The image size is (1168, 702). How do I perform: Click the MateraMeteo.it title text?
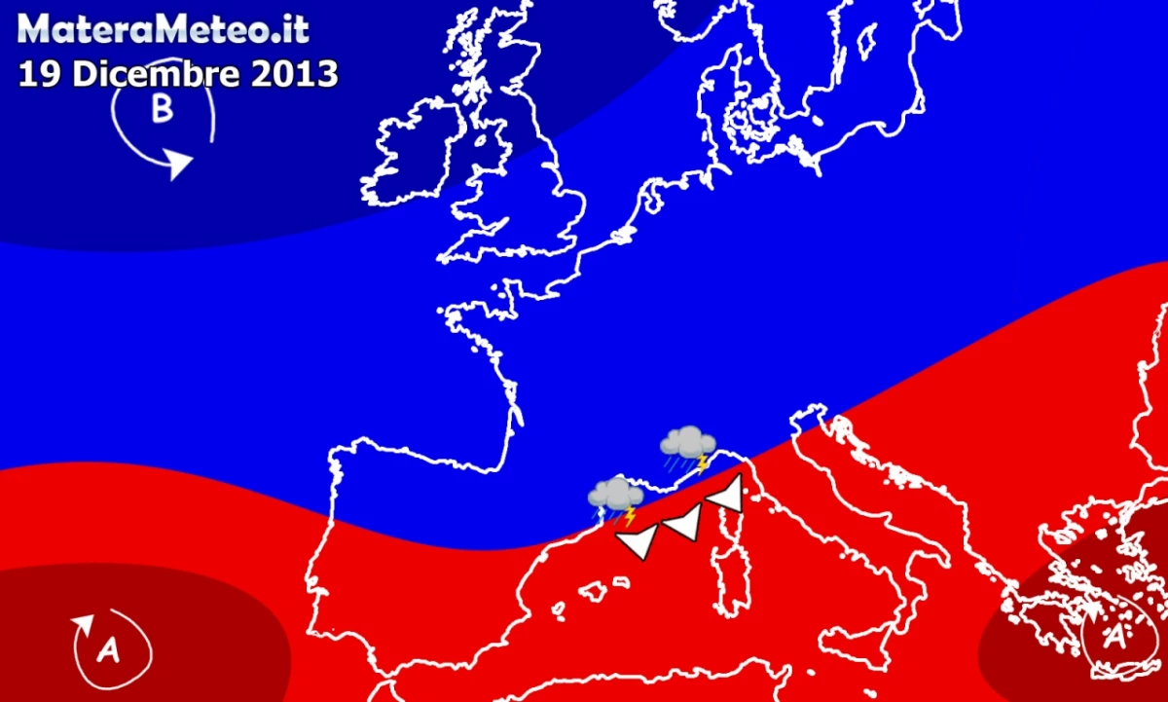164,29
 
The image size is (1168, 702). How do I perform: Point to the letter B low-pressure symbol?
162,110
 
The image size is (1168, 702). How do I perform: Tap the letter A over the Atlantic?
108,650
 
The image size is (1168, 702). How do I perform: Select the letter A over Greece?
1113,638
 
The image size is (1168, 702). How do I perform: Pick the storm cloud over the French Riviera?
688,443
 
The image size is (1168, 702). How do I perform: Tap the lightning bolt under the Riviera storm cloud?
701,463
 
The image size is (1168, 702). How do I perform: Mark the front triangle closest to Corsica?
727,494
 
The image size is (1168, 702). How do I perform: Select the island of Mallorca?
594,590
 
